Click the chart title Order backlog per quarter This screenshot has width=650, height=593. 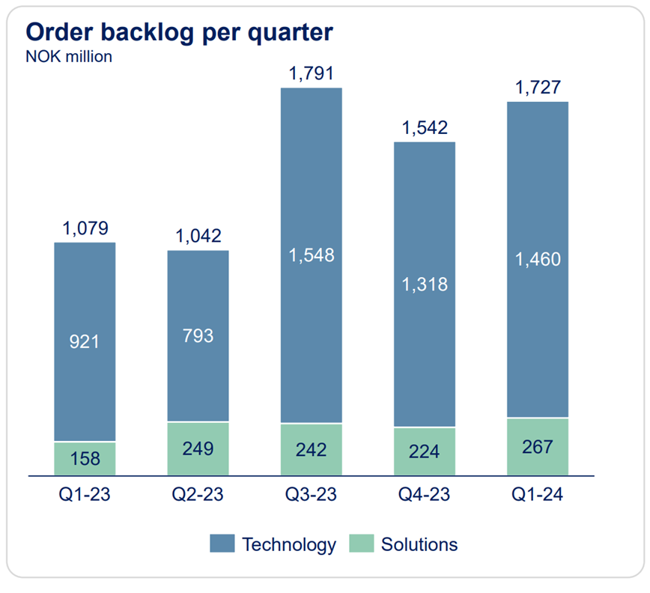[179, 32]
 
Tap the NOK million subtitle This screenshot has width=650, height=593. [69, 57]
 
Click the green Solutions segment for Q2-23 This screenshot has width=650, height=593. [198, 448]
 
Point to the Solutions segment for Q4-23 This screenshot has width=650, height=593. [424, 451]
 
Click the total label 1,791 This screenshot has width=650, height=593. [311, 75]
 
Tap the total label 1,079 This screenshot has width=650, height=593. [85, 228]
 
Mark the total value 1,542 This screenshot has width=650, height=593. [424, 128]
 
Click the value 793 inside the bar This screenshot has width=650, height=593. [198, 335]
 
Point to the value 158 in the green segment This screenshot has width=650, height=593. [85, 458]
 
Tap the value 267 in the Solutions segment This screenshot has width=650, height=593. [537, 447]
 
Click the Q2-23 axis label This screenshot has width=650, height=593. [198, 495]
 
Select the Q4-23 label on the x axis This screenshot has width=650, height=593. [424, 495]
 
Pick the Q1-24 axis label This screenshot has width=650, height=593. [537, 495]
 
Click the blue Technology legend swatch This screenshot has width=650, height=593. [222, 544]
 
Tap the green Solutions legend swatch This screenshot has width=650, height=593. [362, 544]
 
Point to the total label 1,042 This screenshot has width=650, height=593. [198, 237]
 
